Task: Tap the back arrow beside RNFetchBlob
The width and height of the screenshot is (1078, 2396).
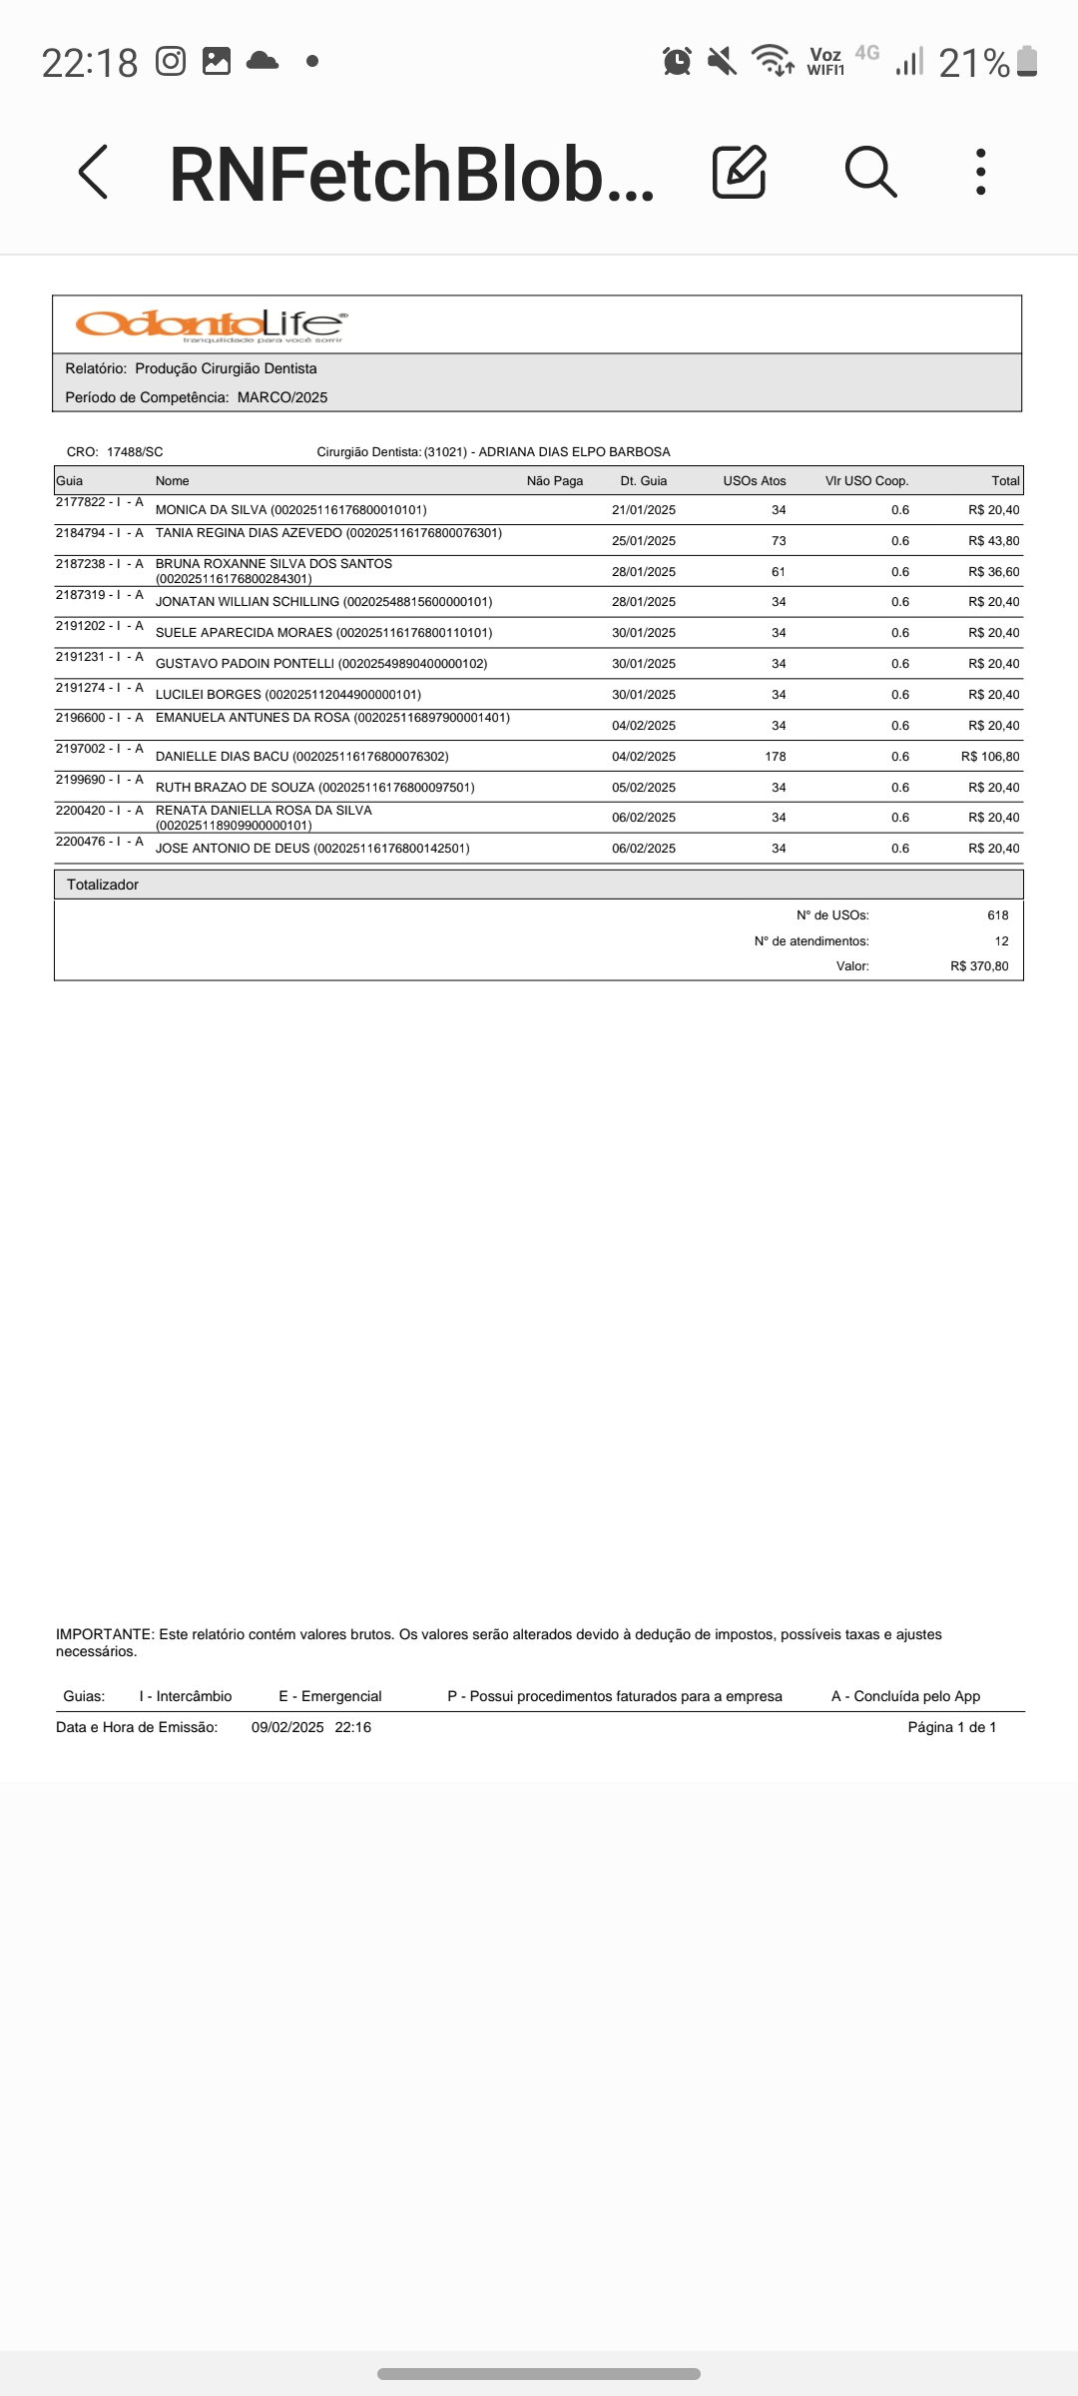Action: coord(93,172)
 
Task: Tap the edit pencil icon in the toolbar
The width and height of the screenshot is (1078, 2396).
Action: coord(739,172)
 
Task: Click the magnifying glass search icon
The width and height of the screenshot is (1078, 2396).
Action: coord(870,172)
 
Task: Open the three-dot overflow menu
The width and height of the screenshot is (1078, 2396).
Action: coord(981,172)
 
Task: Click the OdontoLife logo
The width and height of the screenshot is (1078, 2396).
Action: coord(211,324)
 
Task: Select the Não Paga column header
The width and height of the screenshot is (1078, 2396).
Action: coord(554,481)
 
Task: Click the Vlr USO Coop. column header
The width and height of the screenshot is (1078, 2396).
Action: coord(866,481)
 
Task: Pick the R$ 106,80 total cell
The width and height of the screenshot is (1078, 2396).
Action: coord(990,757)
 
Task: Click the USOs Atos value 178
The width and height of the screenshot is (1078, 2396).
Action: coord(776,757)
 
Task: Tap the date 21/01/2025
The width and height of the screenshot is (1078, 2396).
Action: coord(644,510)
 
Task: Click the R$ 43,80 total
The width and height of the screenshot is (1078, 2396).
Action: coord(993,541)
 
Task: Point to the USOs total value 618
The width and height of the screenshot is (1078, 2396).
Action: coord(997,915)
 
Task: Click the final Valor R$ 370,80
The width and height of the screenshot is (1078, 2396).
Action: coord(979,966)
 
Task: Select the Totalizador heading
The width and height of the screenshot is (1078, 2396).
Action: coord(103,885)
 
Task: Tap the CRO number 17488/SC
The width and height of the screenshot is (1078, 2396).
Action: coord(134,452)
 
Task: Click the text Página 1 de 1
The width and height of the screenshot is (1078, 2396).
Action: coord(951,1727)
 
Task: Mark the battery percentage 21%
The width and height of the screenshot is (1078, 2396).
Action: coord(974,63)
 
